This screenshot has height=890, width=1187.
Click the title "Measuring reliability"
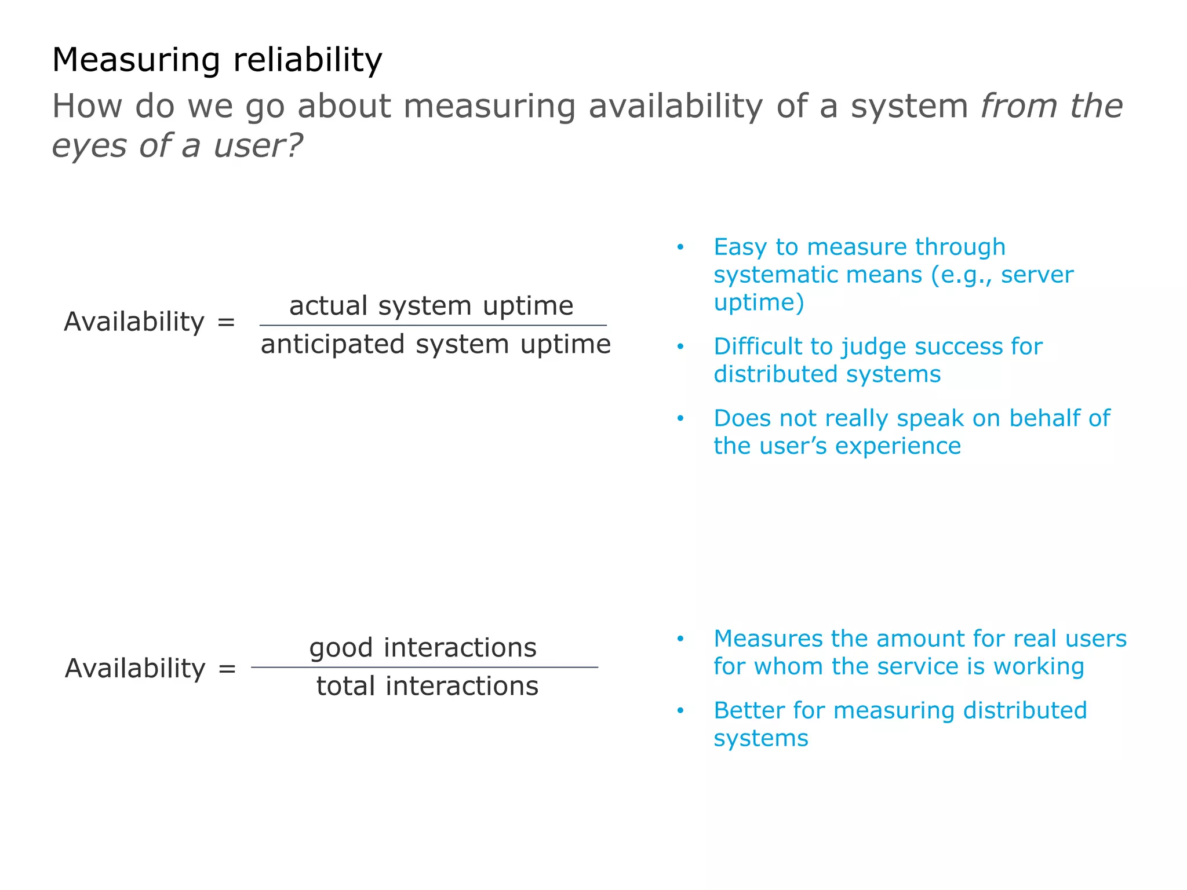tap(217, 60)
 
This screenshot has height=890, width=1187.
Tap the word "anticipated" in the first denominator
tap(333, 345)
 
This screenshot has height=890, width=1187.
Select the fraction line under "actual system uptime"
tap(433, 326)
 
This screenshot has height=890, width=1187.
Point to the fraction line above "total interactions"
tap(424, 667)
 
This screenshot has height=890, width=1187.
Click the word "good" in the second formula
tap(341, 648)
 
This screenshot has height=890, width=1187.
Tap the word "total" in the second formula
tap(346, 687)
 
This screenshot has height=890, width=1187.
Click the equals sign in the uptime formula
tap(226, 322)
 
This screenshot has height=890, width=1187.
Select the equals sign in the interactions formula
tap(227, 669)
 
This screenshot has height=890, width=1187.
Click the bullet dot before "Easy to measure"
tap(680, 247)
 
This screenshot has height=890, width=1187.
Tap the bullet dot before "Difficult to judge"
tap(680, 347)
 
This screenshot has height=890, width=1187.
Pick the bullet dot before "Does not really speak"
tap(680, 418)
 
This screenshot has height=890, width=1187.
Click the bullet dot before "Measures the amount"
tap(680, 639)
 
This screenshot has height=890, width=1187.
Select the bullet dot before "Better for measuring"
tap(680, 711)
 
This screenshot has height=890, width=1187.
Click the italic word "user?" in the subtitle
tap(258, 145)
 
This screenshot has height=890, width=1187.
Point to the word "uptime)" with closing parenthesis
tap(759, 302)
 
